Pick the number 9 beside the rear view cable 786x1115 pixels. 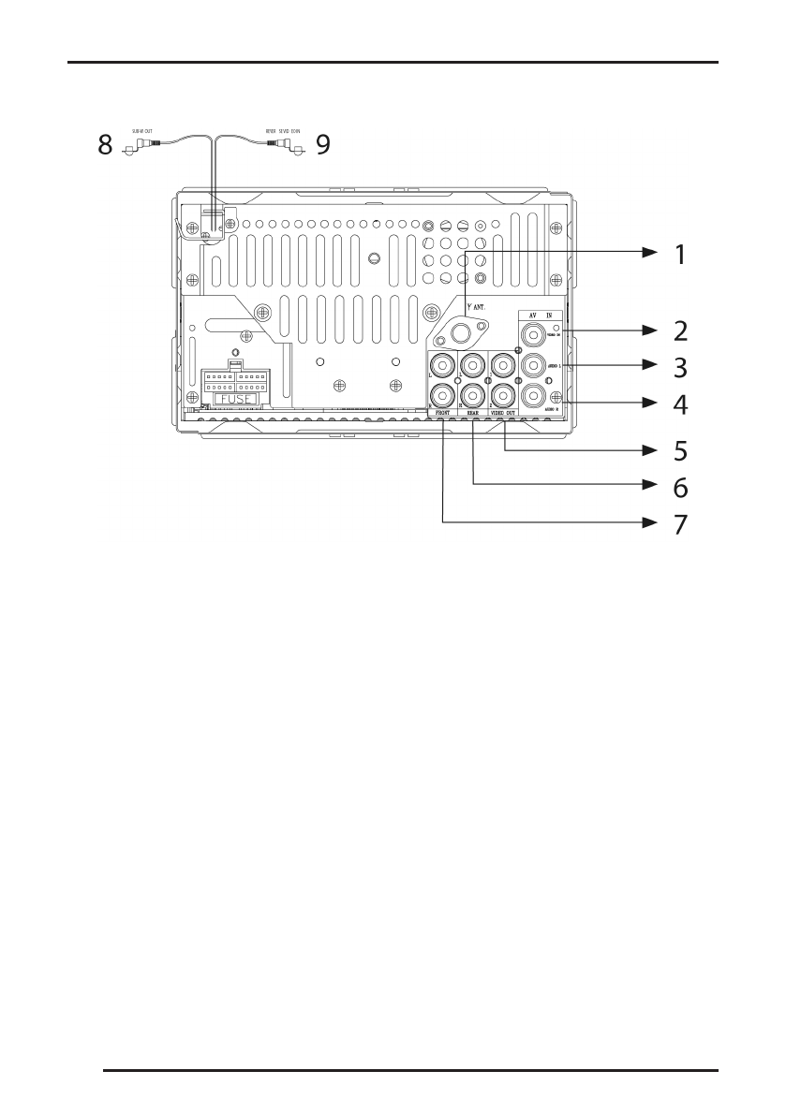tap(323, 145)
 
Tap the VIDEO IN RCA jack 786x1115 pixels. tap(533, 332)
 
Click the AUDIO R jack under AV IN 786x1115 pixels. tap(533, 396)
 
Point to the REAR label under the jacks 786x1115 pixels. tap(473, 412)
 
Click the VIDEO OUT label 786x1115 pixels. tap(504, 412)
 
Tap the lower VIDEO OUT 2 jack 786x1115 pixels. tap(504, 395)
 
